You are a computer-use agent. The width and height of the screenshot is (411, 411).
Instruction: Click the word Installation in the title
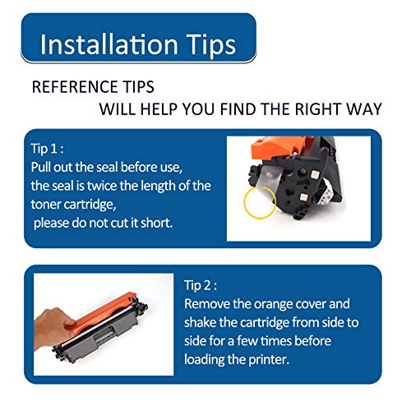pyautogui.click(x=109, y=44)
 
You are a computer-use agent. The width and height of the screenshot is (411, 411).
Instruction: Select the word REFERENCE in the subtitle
pyautogui.click(x=75, y=87)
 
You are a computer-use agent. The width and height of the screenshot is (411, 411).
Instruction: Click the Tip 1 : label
pyautogui.click(x=47, y=149)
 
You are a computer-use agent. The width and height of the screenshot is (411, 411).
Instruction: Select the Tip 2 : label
pyautogui.click(x=201, y=285)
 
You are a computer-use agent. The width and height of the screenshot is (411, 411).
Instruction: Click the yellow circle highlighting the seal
pyautogui.click(x=244, y=203)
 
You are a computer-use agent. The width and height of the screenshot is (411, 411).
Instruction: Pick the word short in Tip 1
pyautogui.click(x=156, y=223)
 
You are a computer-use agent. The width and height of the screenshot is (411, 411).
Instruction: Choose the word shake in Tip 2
pyautogui.click(x=200, y=322)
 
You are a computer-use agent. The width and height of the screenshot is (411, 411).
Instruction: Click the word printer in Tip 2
pyautogui.click(x=269, y=360)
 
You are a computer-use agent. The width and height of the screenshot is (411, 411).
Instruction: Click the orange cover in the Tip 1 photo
pyautogui.click(x=279, y=147)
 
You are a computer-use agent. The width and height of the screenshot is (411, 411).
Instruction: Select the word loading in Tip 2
pyautogui.click(x=204, y=360)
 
